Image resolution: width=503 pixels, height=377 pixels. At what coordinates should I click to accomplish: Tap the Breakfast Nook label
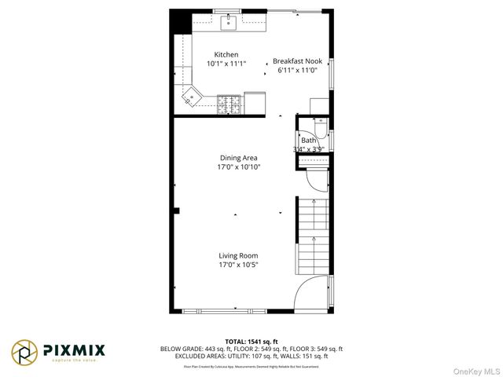tap(296, 60)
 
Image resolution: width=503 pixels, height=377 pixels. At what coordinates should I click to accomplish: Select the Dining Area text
tap(238, 158)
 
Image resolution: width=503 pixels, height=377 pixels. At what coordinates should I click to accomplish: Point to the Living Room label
tap(238, 255)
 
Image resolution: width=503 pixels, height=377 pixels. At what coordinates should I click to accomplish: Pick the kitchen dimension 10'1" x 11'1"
tap(226, 64)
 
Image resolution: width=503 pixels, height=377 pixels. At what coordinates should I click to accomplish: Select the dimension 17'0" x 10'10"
tap(238, 167)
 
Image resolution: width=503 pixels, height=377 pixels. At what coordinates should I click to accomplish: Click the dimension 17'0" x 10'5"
tap(238, 265)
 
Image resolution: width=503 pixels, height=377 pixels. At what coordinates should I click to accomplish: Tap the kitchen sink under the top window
tap(229, 22)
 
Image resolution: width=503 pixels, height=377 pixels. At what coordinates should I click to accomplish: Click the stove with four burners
tap(229, 101)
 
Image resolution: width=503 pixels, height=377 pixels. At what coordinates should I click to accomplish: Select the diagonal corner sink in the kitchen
tap(191, 96)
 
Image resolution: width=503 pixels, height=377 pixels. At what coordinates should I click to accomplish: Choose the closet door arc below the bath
tap(316, 180)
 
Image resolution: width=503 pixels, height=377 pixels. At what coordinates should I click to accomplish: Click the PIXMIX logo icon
tap(24, 351)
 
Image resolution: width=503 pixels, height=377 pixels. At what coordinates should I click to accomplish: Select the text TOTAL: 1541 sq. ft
tap(251, 342)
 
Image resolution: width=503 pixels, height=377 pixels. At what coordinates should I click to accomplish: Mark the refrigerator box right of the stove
tap(255, 102)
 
